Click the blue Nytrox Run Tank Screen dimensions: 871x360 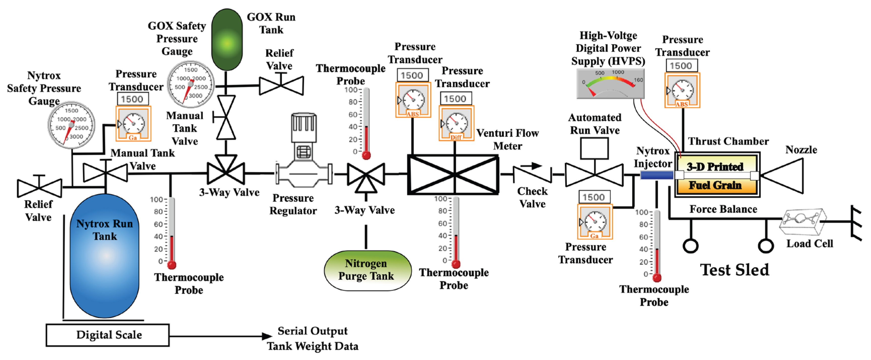pos(104,256)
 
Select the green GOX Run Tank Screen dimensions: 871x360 pos(227,40)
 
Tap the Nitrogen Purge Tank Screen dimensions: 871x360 pos(368,270)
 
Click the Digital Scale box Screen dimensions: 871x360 pos(108,335)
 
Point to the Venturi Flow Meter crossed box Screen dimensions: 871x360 pos(453,175)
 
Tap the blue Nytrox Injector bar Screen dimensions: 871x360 pos(657,175)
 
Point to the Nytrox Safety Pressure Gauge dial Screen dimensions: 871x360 pos(71,125)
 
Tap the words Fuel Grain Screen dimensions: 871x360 pos(715,185)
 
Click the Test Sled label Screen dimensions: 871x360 pos(735,270)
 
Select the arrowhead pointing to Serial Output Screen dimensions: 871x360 pos(267,336)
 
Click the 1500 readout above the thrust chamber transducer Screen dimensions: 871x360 pos(681,65)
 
